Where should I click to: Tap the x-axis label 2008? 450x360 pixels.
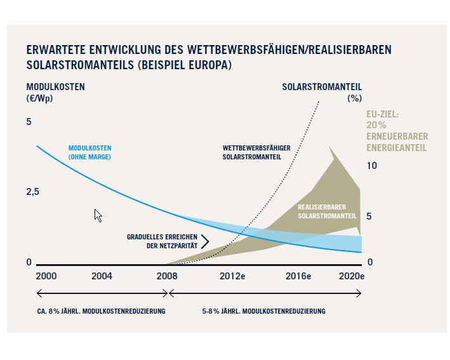tap(167, 276)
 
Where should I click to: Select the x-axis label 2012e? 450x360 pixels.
tap(232, 276)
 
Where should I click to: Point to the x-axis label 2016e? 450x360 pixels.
tap(298, 276)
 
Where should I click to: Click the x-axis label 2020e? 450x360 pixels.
tap(351, 276)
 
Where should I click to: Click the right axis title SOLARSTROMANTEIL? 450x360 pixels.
tap(322, 86)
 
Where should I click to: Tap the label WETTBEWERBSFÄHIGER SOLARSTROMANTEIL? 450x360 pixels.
tap(256, 152)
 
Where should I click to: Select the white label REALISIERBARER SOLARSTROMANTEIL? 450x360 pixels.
tap(326, 211)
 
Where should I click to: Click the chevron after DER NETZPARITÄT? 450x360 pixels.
tap(205, 241)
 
